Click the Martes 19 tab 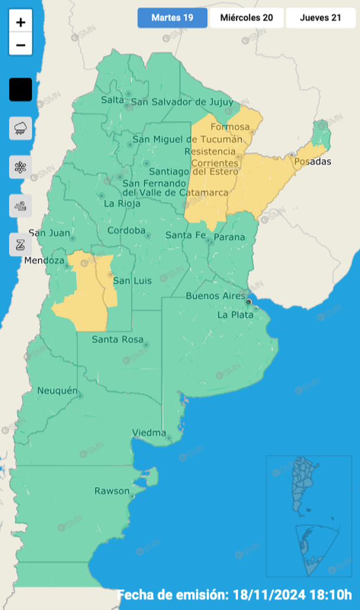tap(172, 18)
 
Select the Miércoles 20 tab tap(247, 18)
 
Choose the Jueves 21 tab tap(320, 18)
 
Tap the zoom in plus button tap(21, 22)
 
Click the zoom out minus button tap(21, 45)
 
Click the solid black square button tap(21, 90)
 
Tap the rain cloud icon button tap(21, 128)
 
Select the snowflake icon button tap(21, 167)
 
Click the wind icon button tap(21, 206)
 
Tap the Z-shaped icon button tap(21, 244)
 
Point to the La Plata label tap(235, 315)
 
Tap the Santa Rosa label tap(117, 339)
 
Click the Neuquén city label tap(57, 391)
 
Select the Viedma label tap(149, 433)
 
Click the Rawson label tap(112, 491)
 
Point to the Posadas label tap(313, 162)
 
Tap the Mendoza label tap(44, 260)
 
